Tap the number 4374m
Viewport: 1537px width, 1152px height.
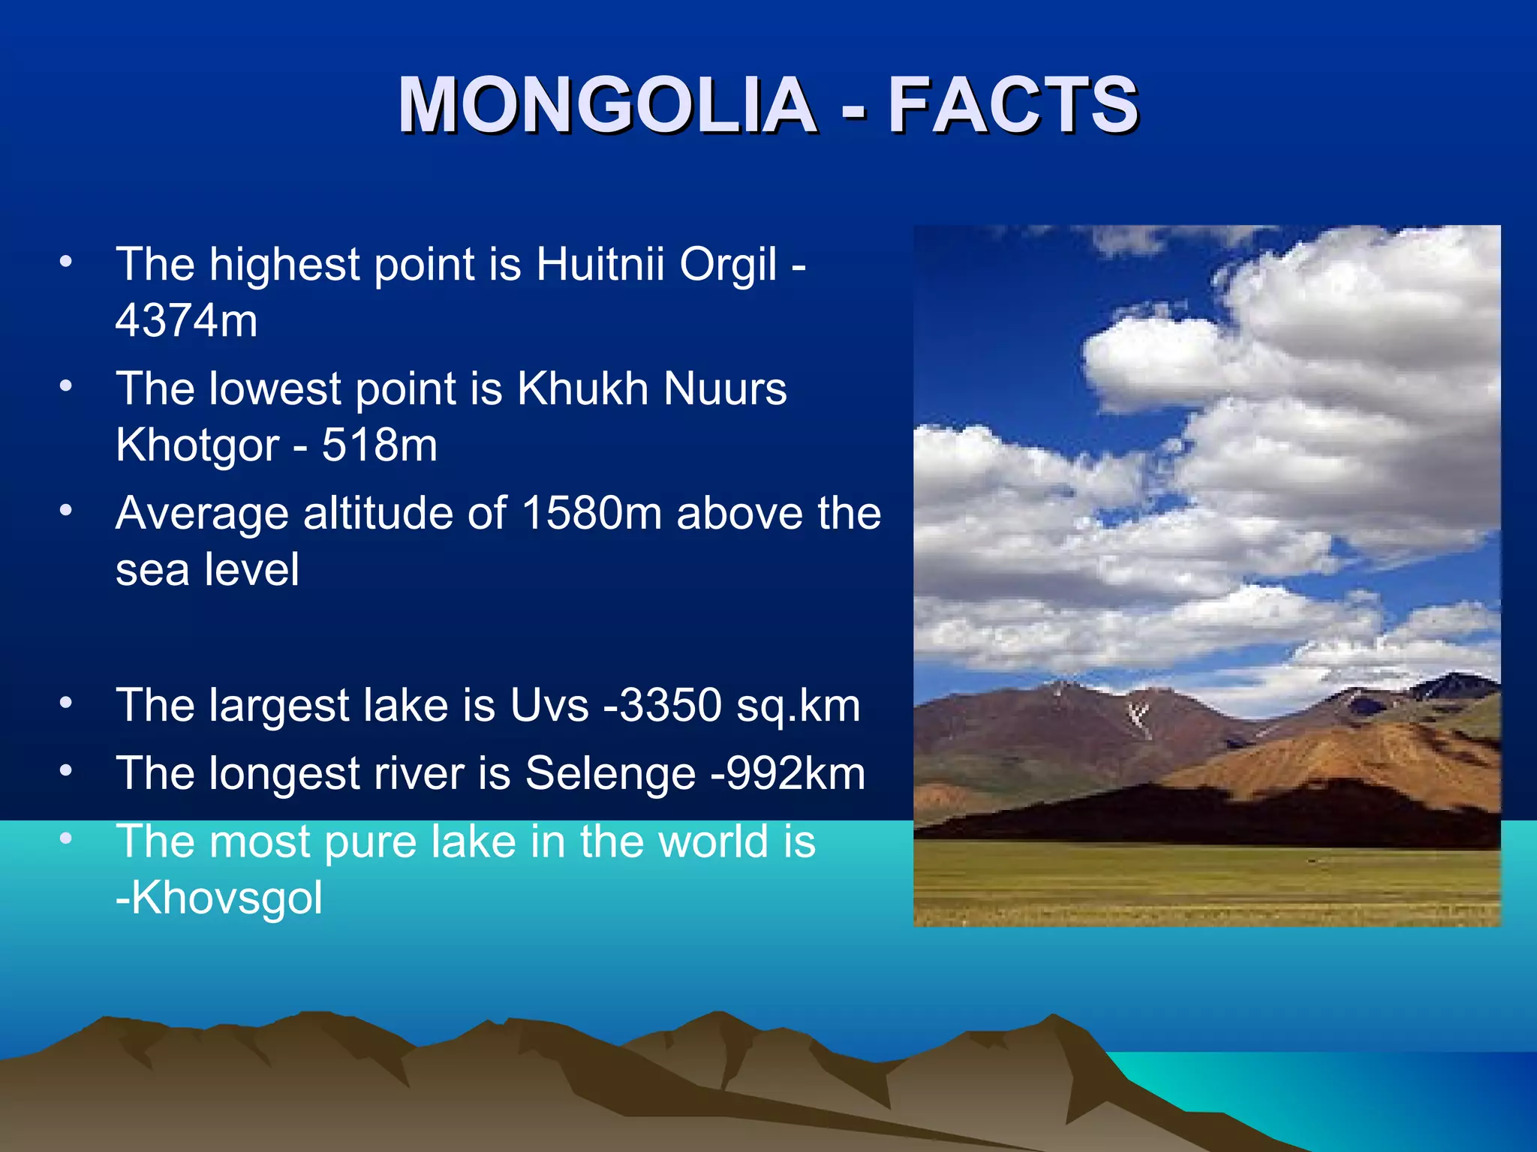(186, 320)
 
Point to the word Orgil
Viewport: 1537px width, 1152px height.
(728, 265)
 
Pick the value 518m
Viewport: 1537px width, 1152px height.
(380, 445)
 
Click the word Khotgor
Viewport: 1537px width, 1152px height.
(197, 446)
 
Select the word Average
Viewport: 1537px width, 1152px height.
(202, 514)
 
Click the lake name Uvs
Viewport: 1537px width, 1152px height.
(549, 706)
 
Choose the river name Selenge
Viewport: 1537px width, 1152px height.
(610, 774)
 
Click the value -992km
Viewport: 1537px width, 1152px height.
(788, 773)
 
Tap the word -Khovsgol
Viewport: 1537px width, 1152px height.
(219, 898)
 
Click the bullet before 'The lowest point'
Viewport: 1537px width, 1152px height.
(66, 385)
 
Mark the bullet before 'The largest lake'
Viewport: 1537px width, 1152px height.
(66, 703)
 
